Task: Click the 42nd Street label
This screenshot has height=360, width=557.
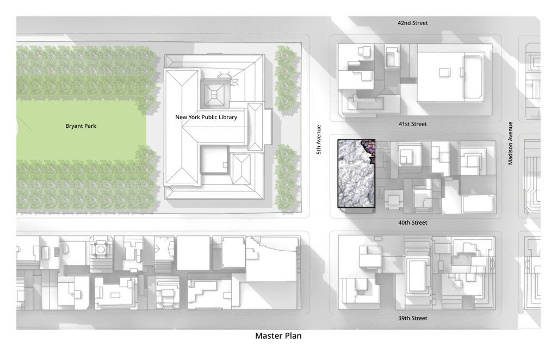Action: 412,23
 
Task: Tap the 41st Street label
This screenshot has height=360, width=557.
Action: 412,124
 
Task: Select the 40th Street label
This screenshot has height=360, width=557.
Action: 412,222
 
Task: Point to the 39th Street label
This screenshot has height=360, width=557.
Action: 412,318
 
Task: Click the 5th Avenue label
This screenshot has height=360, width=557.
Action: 319,140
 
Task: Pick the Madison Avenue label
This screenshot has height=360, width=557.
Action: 510,143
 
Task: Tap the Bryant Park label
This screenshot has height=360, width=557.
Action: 81,126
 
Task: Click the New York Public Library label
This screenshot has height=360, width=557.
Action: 206,117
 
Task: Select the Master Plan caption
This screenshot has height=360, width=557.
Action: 278,336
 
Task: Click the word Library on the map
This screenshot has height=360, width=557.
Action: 227,117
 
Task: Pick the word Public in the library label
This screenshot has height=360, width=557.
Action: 207,117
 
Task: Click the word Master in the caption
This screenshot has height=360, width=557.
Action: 269,336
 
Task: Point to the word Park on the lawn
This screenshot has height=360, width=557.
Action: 90,126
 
